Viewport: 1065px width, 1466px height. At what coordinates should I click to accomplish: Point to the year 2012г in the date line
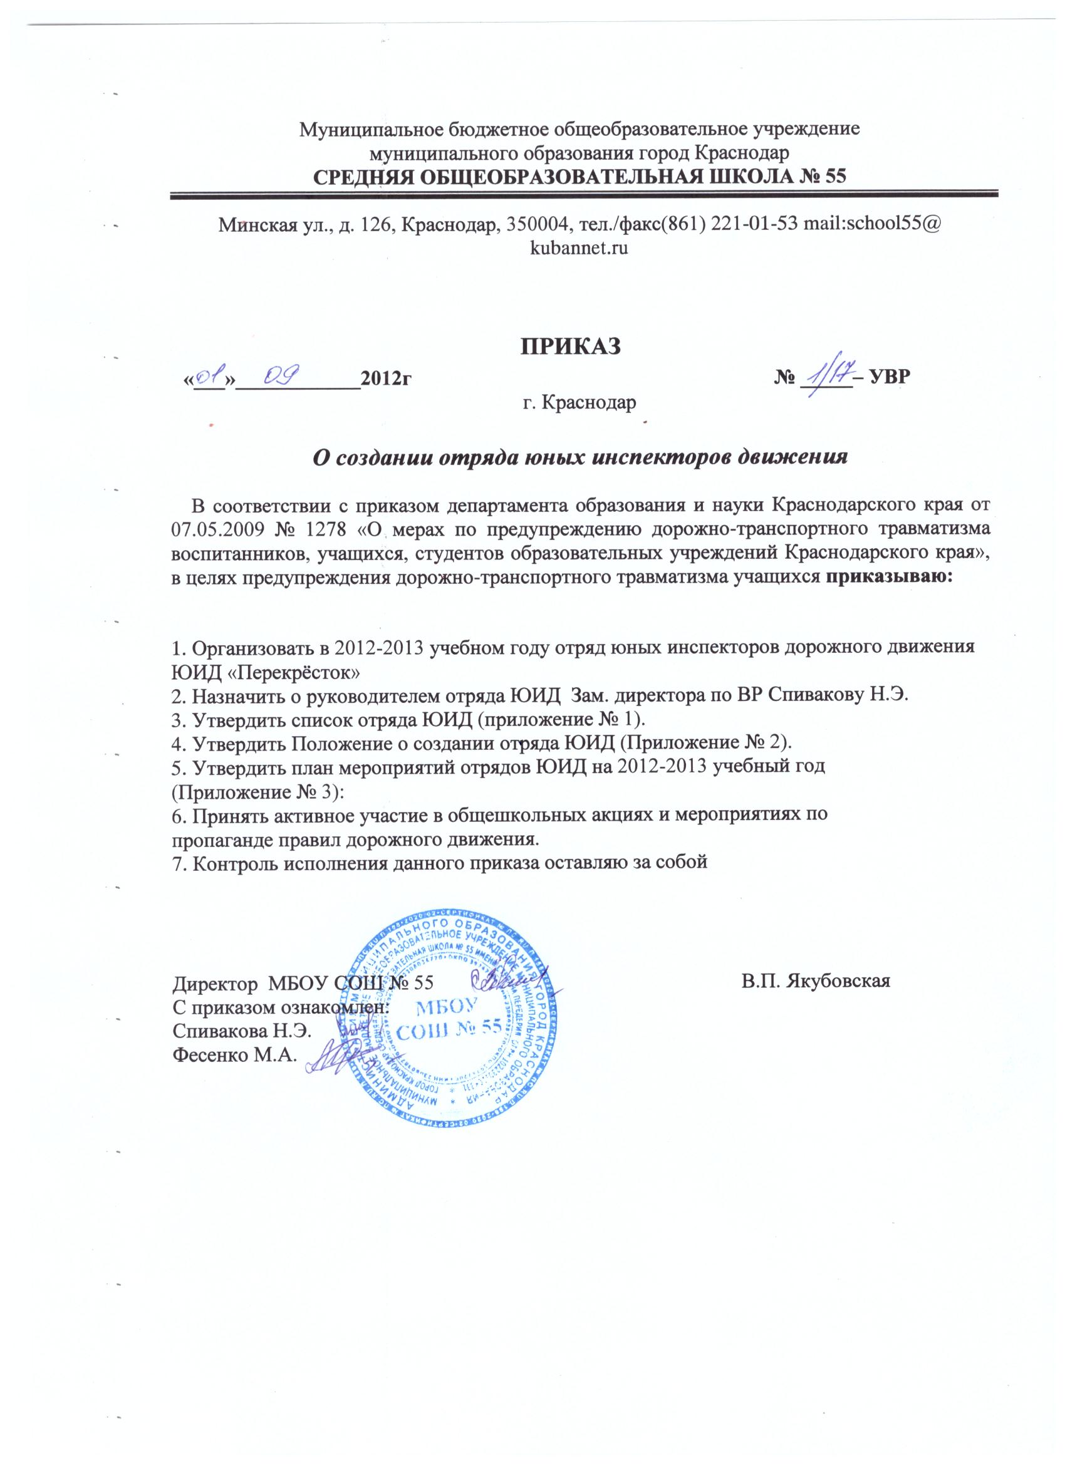tap(387, 379)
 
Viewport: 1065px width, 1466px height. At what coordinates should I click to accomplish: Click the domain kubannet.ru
tap(579, 248)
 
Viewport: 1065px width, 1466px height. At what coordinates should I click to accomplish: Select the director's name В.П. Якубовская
tap(817, 999)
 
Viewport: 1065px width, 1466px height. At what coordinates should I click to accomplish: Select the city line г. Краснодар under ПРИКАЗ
tap(579, 403)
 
